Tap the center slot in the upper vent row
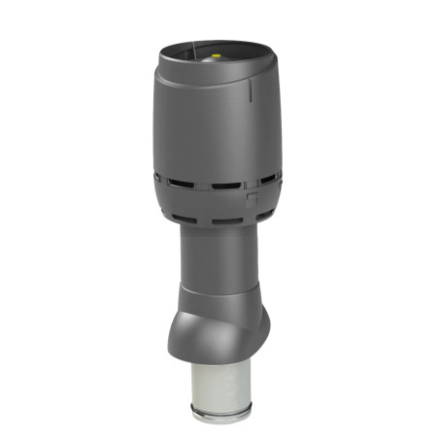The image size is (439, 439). pos(225,185)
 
